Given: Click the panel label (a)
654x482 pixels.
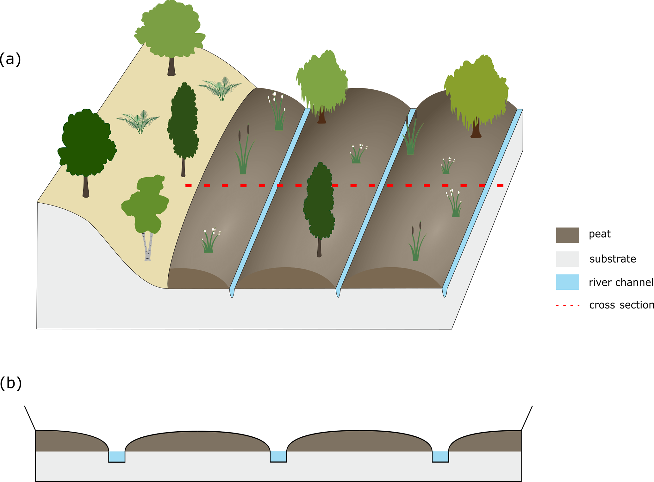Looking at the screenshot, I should click(10, 59).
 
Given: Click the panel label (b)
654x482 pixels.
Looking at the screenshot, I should click(10, 383).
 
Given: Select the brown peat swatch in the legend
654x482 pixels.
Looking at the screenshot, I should click(567, 235).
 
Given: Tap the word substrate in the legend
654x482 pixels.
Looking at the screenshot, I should click(613, 259).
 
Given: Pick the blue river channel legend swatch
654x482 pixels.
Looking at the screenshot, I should click(567, 282).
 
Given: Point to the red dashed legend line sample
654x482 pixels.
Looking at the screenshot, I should click(568, 306).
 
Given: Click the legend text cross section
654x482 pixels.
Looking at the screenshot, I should click(621, 305).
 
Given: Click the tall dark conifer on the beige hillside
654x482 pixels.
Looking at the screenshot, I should click(183, 124).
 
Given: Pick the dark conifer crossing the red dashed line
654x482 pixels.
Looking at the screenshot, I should click(319, 203).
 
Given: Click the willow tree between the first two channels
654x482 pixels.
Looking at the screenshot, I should click(322, 84).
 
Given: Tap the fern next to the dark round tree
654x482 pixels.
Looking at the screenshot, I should click(139, 121).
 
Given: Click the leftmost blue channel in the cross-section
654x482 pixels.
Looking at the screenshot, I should click(117, 456).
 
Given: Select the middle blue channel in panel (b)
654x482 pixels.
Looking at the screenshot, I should click(278, 456).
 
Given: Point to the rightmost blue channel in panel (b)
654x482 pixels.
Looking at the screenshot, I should click(440, 456).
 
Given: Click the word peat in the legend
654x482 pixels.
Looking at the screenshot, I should click(600, 234).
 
